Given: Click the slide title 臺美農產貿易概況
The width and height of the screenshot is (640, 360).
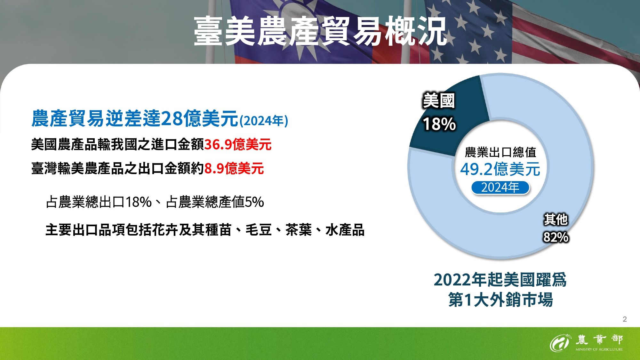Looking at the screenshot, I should pos(320,31).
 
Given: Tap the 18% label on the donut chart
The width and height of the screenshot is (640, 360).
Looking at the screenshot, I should pos(439,124).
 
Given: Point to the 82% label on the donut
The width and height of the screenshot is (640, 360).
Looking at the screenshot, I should pos(556,237).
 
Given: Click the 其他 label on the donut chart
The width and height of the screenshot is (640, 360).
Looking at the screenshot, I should pos(556,220).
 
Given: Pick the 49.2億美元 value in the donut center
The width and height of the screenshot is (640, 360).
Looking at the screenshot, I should pos(500,169).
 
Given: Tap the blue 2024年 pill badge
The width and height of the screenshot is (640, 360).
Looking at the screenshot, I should pos(500,188).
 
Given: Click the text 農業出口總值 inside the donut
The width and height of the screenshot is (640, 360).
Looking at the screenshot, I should pos(500,152).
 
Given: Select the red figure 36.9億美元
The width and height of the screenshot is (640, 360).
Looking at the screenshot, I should pos(238,145).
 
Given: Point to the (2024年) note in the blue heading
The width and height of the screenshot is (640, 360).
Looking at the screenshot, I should pos(264,121).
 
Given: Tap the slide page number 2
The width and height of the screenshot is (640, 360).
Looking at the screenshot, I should pos(625,319).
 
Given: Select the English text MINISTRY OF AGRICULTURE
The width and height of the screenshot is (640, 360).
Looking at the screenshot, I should pos(599,349).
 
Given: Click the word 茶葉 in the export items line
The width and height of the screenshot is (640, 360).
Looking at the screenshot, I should pos(298,230).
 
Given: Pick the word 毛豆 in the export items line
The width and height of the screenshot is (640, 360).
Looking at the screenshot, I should pos(259,230).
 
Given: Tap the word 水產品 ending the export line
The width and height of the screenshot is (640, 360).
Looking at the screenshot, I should pos(345,230).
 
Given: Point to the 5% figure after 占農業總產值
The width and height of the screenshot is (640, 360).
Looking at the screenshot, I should pos(254,202).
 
